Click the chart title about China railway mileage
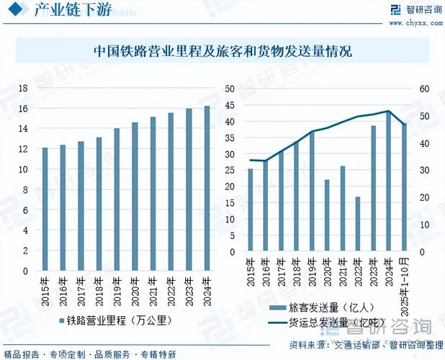tap(223, 52)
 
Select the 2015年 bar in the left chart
tap(45, 210)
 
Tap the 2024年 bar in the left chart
tap(207, 189)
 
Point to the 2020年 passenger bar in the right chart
tap(327, 216)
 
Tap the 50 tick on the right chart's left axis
tap(230, 89)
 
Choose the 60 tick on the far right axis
tap(424, 89)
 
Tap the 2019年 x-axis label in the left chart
tap(117, 289)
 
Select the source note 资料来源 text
tap(365, 343)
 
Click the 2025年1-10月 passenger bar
tap(404, 188)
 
